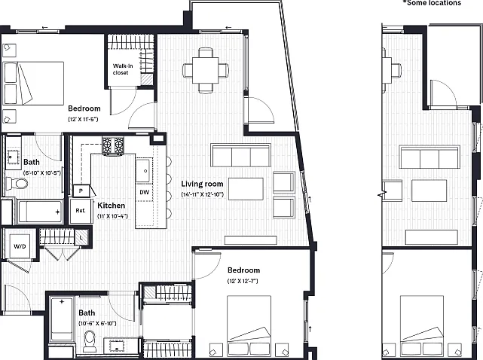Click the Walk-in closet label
point(123,69)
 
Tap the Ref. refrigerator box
point(81,211)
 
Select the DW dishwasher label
point(145,193)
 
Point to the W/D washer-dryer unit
point(20,246)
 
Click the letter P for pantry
point(81,191)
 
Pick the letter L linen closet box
point(81,238)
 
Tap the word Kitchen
point(112,206)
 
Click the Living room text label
point(202,184)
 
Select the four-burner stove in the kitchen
point(113,145)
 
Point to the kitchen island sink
point(144,170)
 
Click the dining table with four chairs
point(206,71)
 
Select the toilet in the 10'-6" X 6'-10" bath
point(90,341)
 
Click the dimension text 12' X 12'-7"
point(243,281)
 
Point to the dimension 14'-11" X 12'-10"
point(203,194)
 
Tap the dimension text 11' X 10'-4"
point(112,216)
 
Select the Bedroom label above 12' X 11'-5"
point(84,108)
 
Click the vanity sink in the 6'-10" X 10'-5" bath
point(14,157)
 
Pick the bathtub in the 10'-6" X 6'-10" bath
point(62,319)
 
